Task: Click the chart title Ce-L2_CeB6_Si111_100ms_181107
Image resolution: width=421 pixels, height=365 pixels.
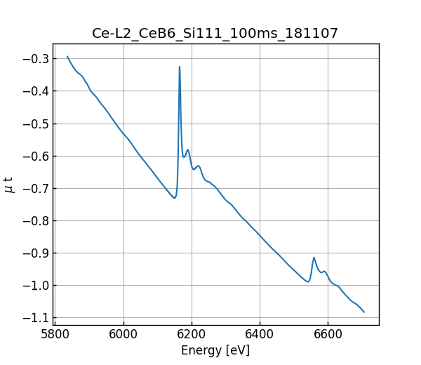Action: (215, 33)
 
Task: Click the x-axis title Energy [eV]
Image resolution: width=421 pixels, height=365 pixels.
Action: (215, 350)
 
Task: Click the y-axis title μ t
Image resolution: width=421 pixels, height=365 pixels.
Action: (9, 185)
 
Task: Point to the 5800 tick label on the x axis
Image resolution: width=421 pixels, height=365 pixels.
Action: (55, 333)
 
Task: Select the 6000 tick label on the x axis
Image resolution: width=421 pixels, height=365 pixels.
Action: (123, 333)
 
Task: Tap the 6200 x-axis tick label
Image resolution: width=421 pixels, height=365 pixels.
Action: (192, 333)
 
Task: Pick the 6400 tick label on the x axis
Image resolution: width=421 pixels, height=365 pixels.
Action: (260, 333)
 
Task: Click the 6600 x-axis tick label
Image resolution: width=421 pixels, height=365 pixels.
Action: (328, 333)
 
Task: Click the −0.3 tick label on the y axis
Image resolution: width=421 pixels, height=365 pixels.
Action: (35, 58)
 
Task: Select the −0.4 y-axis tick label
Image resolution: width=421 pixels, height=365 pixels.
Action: (35, 91)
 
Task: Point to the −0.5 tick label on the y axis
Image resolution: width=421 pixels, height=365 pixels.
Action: (35, 124)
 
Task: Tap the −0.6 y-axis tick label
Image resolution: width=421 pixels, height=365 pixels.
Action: (35, 156)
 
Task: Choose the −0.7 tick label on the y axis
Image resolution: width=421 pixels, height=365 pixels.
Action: (35, 188)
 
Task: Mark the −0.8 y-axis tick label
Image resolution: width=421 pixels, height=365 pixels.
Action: (35, 220)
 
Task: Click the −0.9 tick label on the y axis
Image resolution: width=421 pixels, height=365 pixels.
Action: (35, 253)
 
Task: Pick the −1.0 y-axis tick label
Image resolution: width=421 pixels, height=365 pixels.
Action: (35, 285)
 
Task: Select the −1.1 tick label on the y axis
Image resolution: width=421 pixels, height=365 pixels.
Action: (35, 318)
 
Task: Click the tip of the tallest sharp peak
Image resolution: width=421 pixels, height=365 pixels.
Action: (180, 67)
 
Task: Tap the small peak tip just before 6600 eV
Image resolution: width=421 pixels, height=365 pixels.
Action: (314, 258)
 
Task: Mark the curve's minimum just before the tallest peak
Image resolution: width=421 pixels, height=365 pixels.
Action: (174, 198)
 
